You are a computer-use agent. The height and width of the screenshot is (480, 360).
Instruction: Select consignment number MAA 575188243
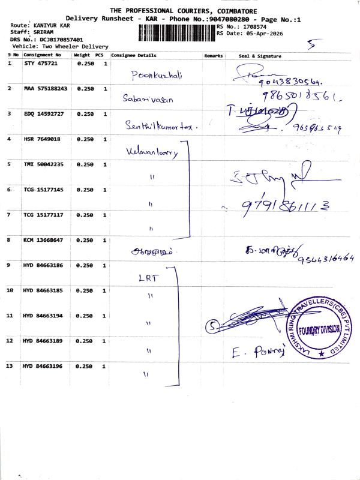pos(45,88)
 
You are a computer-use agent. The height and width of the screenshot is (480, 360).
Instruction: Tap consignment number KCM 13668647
pos(43,240)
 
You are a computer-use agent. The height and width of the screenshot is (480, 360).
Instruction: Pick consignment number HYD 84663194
pos(43,316)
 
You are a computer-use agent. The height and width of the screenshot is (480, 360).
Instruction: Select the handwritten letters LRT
pos(147,278)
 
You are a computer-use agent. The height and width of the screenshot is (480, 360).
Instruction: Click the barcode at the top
pos(176,31)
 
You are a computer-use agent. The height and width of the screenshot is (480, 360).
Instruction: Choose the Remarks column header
pos(213,56)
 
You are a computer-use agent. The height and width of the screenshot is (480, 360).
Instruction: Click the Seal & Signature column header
pos(260,56)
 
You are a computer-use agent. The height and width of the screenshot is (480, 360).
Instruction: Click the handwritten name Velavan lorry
pos(152,152)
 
